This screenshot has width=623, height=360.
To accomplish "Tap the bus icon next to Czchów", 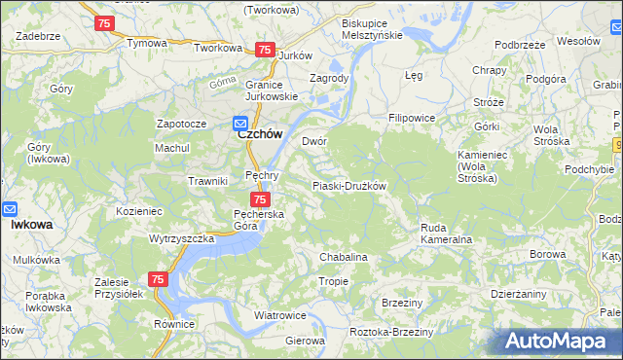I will [x=239, y=123].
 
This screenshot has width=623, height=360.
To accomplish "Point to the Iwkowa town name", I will [x=31, y=224].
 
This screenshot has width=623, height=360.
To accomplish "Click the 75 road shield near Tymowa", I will [x=106, y=21].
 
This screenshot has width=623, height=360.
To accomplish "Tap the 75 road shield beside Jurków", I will [x=264, y=50].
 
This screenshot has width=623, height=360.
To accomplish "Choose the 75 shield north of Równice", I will [x=158, y=279].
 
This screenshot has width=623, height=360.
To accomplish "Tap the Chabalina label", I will [x=344, y=257].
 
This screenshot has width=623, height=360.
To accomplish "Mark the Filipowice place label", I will [x=412, y=118].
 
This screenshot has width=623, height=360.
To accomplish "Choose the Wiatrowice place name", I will [x=280, y=315].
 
